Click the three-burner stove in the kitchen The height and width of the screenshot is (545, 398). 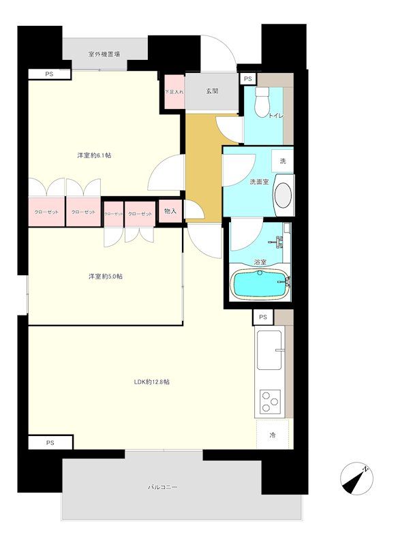(x=269, y=401)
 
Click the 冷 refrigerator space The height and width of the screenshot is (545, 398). (x=273, y=435)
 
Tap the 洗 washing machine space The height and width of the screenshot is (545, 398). (x=282, y=161)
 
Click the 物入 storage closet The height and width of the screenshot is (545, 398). (x=170, y=211)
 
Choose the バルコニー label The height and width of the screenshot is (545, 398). (x=163, y=488)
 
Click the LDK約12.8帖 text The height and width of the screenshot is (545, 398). (x=151, y=381)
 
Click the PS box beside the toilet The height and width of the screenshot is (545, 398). (x=249, y=80)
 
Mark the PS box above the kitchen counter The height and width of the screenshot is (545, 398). (x=262, y=318)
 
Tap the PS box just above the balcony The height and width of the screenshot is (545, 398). (x=50, y=443)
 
